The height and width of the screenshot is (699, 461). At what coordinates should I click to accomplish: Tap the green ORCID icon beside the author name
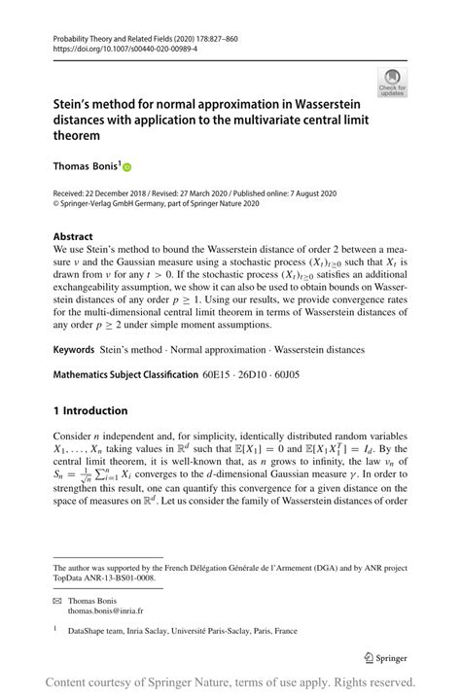126,167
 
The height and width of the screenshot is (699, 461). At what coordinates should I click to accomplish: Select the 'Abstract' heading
74,236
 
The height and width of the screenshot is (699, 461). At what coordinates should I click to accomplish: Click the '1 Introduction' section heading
90,410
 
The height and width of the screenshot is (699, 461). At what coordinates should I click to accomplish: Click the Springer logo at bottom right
383,655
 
